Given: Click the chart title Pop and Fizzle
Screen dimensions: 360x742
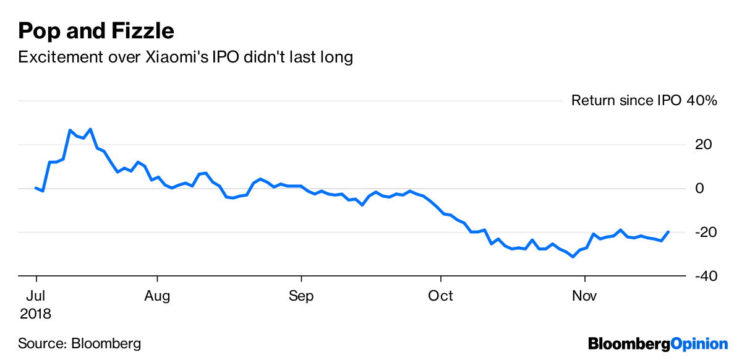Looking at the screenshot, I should (96, 31).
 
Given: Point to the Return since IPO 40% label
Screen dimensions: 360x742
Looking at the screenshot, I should (644, 100).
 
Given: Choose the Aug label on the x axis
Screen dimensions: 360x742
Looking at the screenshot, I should (157, 296).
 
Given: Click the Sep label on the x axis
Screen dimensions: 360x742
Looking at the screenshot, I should (301, 296).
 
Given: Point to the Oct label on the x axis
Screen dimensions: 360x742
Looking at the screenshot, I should (440, 296).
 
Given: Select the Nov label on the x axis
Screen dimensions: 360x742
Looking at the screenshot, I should (584, 296).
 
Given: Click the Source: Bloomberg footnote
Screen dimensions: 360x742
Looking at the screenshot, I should (80, 343).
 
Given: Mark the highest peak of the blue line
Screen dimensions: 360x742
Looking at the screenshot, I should (90, 129).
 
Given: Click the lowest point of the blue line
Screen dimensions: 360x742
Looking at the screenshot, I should (573, 257).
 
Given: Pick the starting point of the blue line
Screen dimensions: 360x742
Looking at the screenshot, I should (36, 187).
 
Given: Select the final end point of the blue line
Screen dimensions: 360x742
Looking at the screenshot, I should (668, 232).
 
